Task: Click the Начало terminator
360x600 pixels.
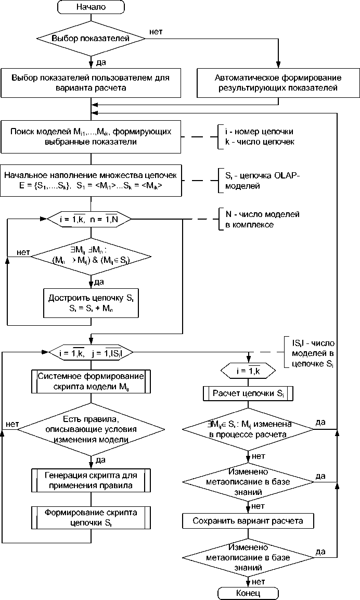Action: pyautogui.click(x=91, y=7)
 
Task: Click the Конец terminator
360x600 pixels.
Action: pyautogui.click(x=248, y=593)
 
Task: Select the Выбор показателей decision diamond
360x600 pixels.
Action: pyautogui.click(x=91, y=38)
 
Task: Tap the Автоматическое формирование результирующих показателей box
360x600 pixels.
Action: pyautogui.click(x=278, y=83)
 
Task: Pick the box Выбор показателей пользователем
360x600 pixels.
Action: pyautogui.click(x=91, y=83)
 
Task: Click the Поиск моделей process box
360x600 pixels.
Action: pyautogui.click(x=91, y=136)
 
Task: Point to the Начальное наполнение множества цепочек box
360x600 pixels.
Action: pyautogui.click(x=91, y=180)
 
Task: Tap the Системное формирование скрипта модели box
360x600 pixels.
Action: pyautogui.click(x=91, y=382)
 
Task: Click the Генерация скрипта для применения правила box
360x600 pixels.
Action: pyautogui.click(x=91, y=480)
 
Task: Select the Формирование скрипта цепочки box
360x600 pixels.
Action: pyautogui.click(x=91, y=518)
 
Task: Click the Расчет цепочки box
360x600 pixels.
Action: pyautogui.click(x=248, y=393)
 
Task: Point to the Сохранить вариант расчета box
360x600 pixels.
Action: pyautogui.click(x=248, y=520)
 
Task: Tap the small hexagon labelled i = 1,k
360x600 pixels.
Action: pyautogui.click(x=248, y=371)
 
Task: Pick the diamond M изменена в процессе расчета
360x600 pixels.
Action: pyautogui.click(x=248, y=430)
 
